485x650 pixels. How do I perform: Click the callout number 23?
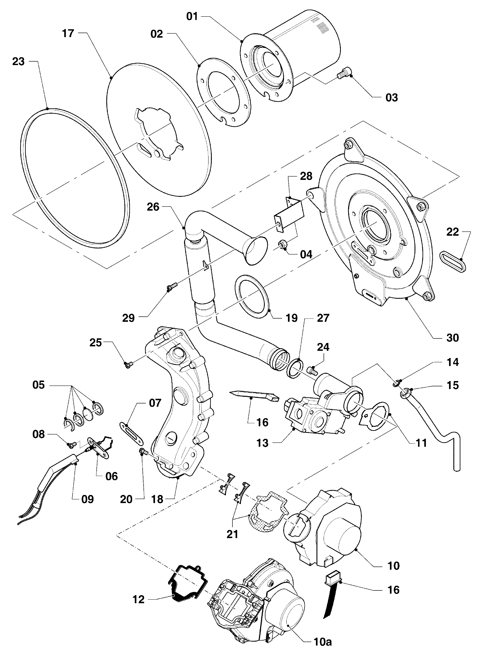[x=18, y=62]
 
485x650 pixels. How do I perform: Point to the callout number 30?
[x=452, y=338]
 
